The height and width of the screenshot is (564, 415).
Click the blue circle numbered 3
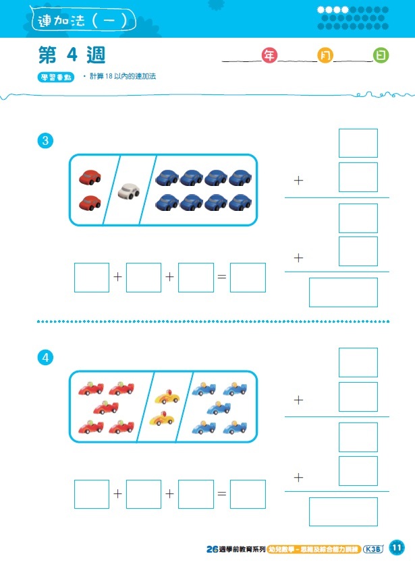pyautogui.click(x=45, y=141)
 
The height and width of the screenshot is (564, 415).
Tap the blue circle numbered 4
pyautogui.click(x=45, y=358)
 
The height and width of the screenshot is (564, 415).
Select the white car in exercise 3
pyautogui.click(x=128, y=191)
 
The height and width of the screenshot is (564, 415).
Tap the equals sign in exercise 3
pyautogui.click(x=221, y=278)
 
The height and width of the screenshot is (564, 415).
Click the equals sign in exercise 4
pyautogui.click(x=221, y=494)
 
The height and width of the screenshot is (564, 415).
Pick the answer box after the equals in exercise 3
pyautogui.click(x=248, y=278)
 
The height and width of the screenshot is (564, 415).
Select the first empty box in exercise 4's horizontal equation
pyautogui.click(x=92, y=494)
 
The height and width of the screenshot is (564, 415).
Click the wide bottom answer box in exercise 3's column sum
pyautogui.click(x=343, y=292)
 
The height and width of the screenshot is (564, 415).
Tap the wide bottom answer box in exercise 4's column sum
pyautogui.click(x=343, y=511)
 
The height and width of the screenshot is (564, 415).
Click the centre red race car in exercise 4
pyautogui.click(x=106, y=408)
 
